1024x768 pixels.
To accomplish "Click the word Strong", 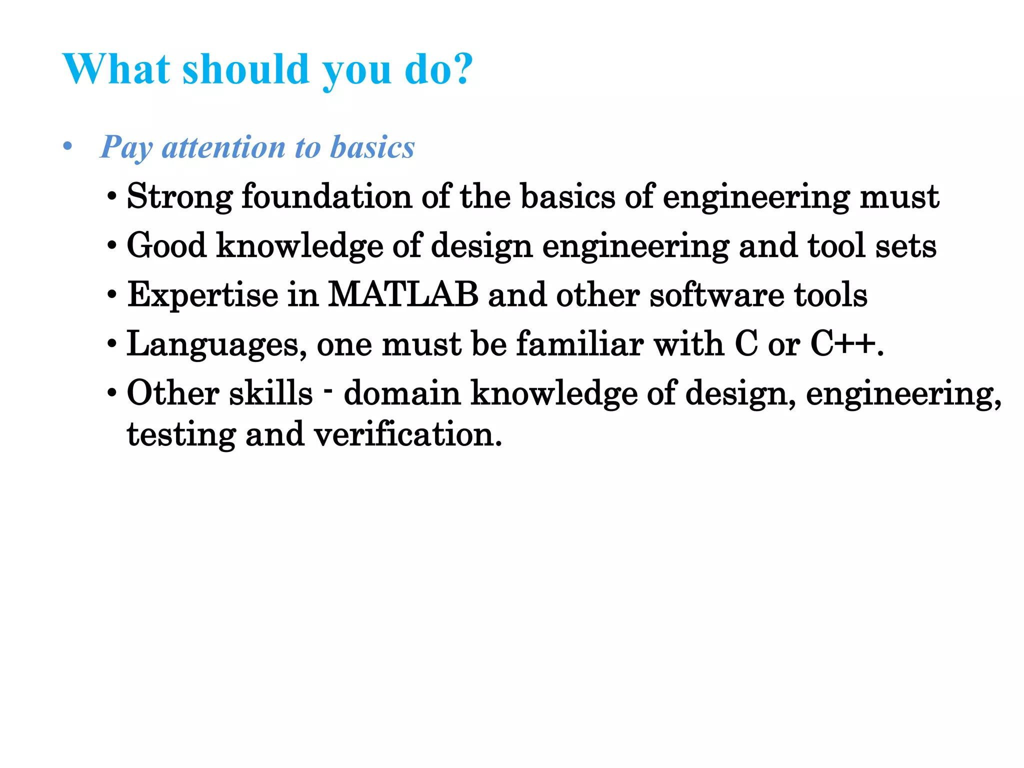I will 179,196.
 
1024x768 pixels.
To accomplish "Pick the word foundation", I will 326,196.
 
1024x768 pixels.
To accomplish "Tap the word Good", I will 166,245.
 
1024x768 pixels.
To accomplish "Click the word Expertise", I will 202,295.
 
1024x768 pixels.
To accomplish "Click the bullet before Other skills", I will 112,393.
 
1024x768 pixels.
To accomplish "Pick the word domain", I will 402,393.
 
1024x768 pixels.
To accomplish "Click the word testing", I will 181,434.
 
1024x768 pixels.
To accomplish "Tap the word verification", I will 407,434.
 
